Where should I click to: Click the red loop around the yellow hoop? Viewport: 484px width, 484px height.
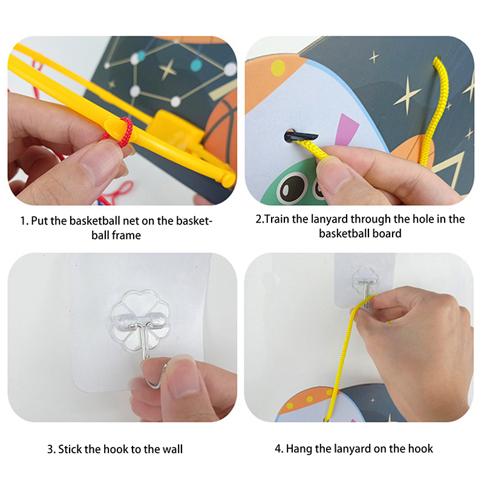coord(126,132)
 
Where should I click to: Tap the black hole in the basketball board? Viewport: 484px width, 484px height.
coord(300,136)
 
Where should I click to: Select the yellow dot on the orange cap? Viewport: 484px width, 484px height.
coord(278,68)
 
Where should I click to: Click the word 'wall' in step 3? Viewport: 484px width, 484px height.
coord(172,449)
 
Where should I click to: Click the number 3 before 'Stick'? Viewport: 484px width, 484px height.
coord(50,450)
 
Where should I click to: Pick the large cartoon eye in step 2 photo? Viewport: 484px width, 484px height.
coord(293,188)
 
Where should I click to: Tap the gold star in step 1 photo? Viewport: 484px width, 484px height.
coord(168,70)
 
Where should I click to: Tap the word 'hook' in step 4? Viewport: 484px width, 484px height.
coord(420,449)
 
